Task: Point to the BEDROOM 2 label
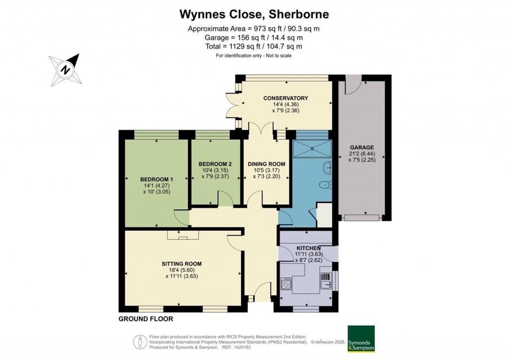click(x=215, y=164)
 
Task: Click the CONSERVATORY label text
click(x=286, y=98)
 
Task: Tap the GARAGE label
click(x=362, y=148)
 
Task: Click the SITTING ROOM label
click(x=181, y=264)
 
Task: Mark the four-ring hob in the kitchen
click(x=287, y=284)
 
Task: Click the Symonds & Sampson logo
click(x=361, y=339)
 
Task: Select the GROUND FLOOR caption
click(x=146, y=319)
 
